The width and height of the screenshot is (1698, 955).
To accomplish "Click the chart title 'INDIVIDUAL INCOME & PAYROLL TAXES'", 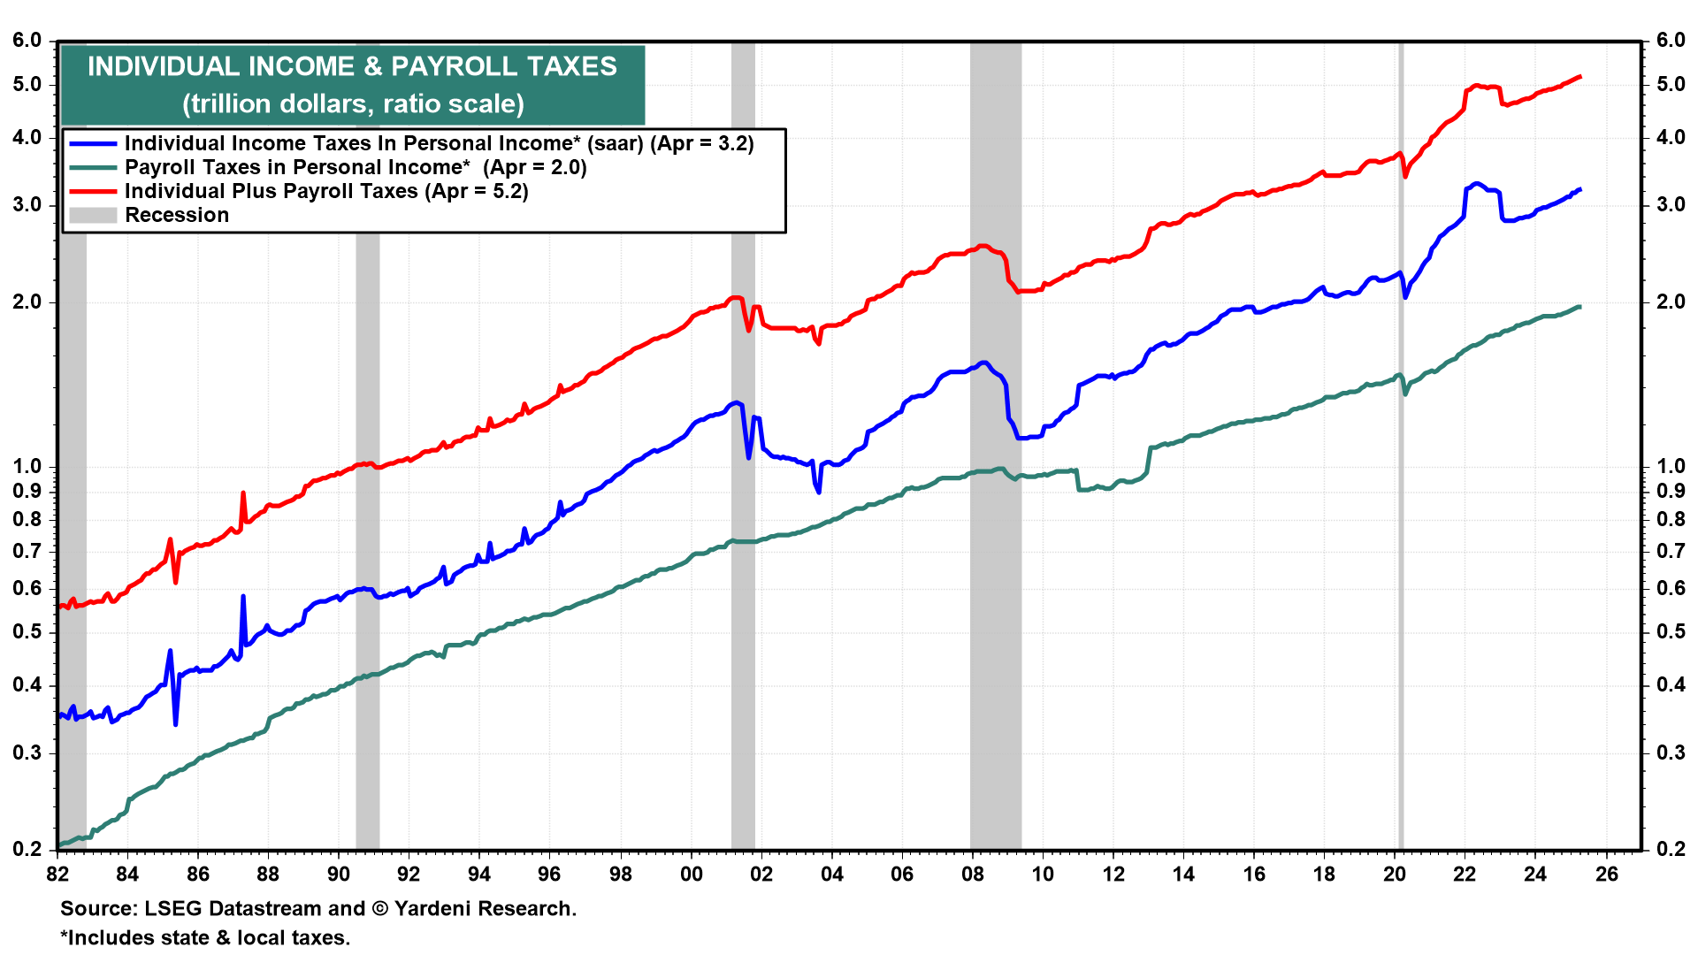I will pos(352,66).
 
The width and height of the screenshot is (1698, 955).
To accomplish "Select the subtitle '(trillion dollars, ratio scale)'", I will pos(352,103).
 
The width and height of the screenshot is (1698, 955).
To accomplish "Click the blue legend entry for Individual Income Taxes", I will pos(439,143).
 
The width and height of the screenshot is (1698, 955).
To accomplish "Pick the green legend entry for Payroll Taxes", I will pos(356,167).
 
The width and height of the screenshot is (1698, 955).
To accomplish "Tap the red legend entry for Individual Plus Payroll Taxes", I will pos(326,191).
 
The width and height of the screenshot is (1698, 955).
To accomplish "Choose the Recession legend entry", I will pos(176,215).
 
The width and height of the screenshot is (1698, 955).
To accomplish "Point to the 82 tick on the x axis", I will pos(57,874).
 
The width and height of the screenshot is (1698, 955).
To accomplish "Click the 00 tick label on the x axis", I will pos(691,874).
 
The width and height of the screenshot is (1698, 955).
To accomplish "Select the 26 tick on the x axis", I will pos(1606,874).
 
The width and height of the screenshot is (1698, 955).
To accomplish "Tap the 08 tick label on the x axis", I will pos(972,874).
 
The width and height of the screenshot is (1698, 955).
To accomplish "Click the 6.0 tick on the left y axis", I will pos(27,41).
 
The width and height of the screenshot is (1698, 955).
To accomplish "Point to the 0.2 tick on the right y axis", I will pos(1671,849).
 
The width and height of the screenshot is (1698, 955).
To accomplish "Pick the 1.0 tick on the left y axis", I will pos(27,466).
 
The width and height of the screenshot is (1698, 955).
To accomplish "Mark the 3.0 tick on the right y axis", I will pos(1671,204).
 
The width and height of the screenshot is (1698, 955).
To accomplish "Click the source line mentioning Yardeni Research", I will pos(318,908).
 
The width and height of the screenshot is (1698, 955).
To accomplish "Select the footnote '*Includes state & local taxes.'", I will pos(205,937).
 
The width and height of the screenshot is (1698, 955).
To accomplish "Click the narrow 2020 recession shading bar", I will pos(1400,531).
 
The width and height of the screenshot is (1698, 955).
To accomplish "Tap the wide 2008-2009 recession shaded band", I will pos(996,619).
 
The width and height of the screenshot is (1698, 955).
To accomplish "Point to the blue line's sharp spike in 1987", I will pos(243,597).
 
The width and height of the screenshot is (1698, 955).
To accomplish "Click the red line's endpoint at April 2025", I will pos(1580,77).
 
